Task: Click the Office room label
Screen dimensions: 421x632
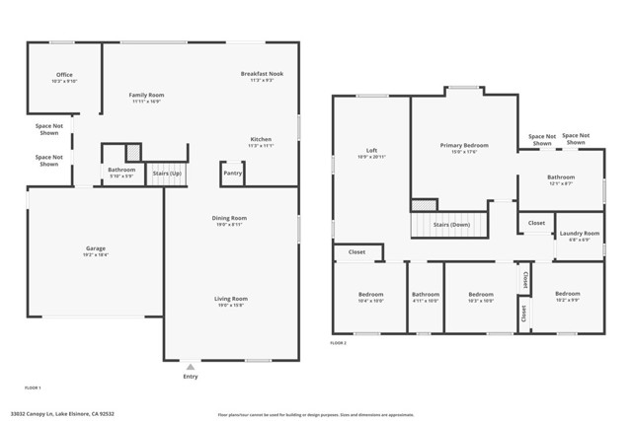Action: pos(64,75)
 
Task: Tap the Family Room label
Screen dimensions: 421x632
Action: pos(145,95)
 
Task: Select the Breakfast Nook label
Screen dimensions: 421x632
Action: pos(261,74)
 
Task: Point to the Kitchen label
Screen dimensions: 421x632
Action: pos(261,140)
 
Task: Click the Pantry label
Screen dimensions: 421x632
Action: pos(233,173)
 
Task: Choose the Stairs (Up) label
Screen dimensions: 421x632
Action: pos(167,173)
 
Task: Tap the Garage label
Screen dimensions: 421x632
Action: pos(96,248)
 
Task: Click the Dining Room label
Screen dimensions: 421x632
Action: pos(229,218)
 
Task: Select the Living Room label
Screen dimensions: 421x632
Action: pos(231,299)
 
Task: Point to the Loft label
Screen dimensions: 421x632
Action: pos(371,151)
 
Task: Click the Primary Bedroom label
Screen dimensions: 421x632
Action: pos(464,145)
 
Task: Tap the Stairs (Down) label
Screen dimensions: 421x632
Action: pos(452,225)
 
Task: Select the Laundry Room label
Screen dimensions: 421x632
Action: pos(580,234)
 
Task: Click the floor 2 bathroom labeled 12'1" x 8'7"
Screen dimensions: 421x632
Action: pos(561,177)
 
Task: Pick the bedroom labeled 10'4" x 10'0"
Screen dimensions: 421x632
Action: pos(370,295)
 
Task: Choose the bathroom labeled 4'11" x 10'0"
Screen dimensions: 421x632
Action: pos(426,295)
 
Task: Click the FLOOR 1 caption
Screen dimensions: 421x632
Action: pos(33,387)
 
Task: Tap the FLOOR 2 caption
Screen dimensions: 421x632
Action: pos(339,342)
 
